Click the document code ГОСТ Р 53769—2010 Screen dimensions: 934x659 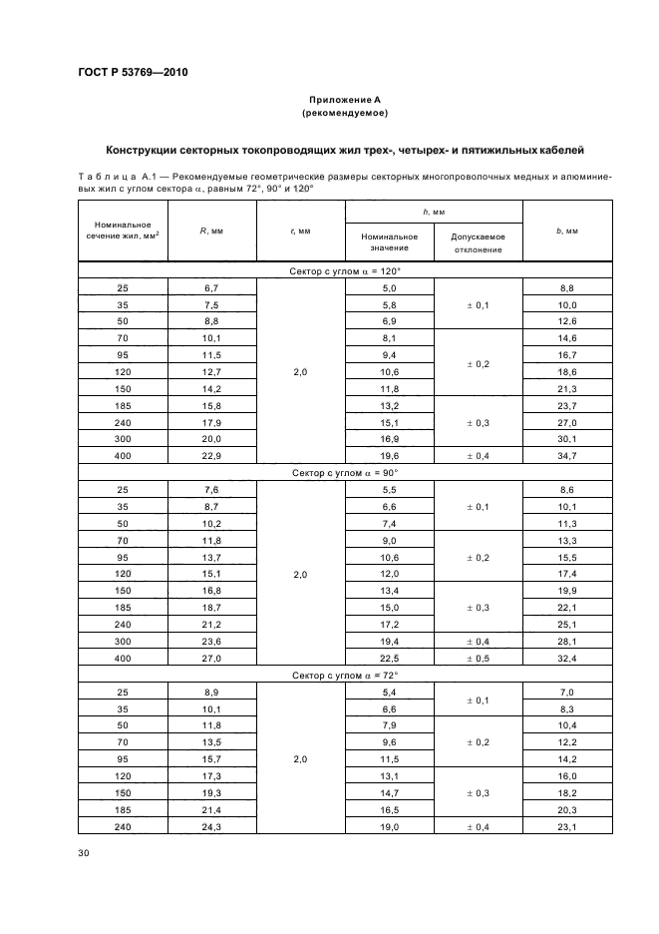coord(132,73)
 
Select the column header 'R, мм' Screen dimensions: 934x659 coord(211,231)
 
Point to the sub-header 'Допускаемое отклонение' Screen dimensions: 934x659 coord(479,243)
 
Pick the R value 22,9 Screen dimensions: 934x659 coord(211,456)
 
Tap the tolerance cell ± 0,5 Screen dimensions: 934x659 coord(479,659)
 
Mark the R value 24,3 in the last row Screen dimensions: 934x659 coord(211,827)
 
